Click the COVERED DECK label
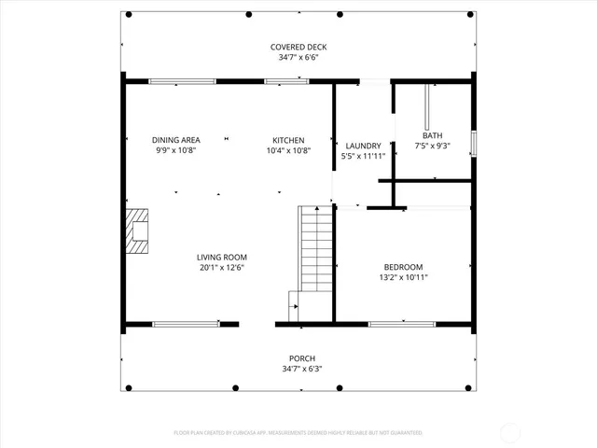point(298,47)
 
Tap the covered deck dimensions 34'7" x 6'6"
point(298,57)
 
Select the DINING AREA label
point(174,140)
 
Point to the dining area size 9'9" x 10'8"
point(174,150)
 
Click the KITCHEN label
point(288,140)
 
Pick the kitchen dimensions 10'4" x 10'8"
point(288,150)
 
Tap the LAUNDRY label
point(363,146)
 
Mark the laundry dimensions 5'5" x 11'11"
point(363,156)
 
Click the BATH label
point(432,135)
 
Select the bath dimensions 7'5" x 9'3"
point(432,146)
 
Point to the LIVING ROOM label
point(221,257)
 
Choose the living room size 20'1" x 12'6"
point(221,267)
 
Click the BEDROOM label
point(403,266)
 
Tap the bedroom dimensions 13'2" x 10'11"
point(403,276)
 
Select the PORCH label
point(301,358)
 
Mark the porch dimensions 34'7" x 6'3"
point(301,369)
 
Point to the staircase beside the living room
point(316,252)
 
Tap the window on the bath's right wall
point(473,144)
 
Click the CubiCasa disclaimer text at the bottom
point(298,433)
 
